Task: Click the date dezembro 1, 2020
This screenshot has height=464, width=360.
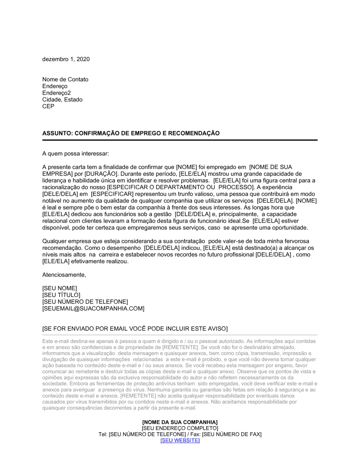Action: [x=66, y=59]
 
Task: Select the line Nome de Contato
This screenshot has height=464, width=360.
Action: [x=65, y=79]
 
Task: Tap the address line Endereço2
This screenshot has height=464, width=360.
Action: [x=57, y=93]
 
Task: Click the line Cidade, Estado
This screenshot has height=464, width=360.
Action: [x=62, y=100]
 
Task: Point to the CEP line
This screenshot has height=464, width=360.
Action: [x=48, y=106]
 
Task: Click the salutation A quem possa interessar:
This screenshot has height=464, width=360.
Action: [x=76, y=154]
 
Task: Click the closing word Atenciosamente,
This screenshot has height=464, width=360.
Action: [x=64, y=275]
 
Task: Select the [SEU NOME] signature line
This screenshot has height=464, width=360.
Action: [x=59, y=288]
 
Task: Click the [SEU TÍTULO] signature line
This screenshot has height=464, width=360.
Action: [x=61, y=295]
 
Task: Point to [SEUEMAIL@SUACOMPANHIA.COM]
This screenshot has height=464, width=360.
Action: [x=93, y=309]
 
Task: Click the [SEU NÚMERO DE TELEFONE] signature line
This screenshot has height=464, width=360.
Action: [x=85, y=302]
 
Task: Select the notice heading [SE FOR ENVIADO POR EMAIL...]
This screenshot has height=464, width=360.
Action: [x=135, y=329]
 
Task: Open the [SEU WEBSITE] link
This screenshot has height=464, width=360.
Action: [x=180, y=441]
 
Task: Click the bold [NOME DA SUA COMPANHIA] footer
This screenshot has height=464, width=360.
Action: [x=180, y=422]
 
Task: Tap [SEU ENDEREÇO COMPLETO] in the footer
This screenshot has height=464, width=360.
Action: [x=180, y=428]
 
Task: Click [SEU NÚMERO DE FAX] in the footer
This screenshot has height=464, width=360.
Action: [x=232, y=435]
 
